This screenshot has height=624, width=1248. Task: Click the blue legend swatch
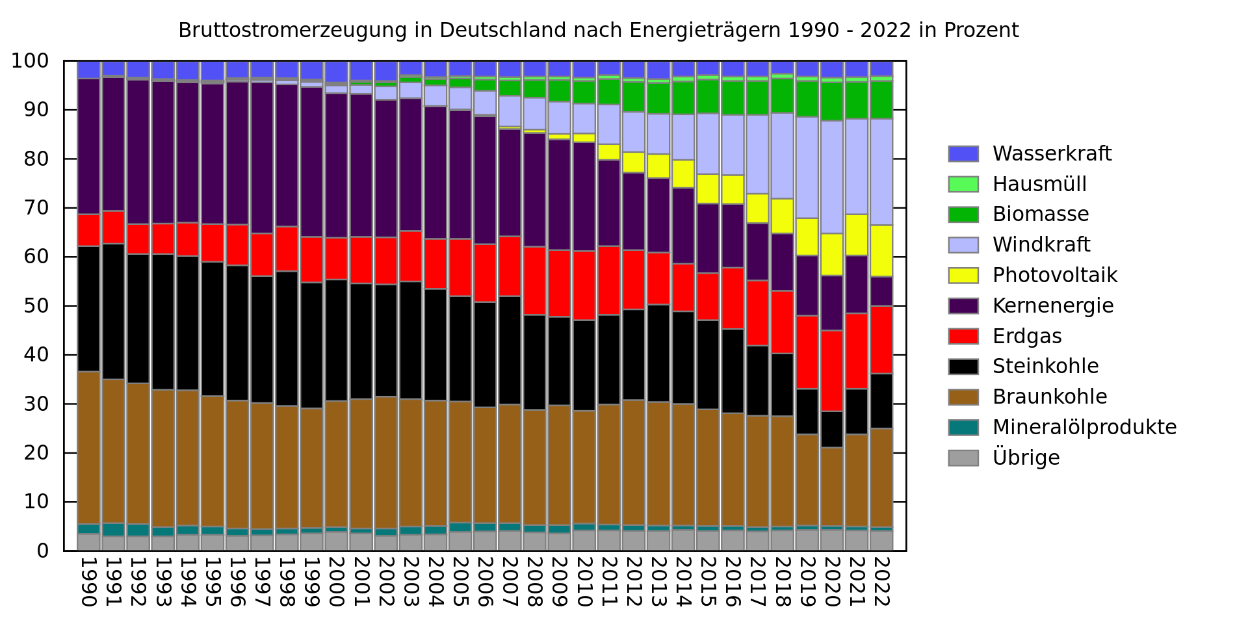pyautogui.click(x=963, y=154)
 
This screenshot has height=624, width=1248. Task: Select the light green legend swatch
pyautogui.click(x=963, y=185)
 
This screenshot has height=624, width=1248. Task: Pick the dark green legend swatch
pyautogui.click(x=963, y=215)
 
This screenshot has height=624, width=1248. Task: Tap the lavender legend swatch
pyautogui.click(x=963, y=245)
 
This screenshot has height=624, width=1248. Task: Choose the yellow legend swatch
pyautogui.click(x=963, y=276)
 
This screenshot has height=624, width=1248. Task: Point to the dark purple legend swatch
pyautogui.click(x=963, y=306)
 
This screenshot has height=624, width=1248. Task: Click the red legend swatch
pyautogui.click(x=963, y=337)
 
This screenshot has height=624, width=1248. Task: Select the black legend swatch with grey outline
pyautogui.click(x=963, y=367)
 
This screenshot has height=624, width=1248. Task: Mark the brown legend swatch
pyautogui.click(x=963, y=397)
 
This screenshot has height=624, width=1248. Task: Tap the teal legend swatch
pyautogui.click(x=963, y=428)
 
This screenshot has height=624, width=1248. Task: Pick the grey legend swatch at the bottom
pyautogui.click(x=963, y=458)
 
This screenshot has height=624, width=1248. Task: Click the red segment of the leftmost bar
pyautogui.click(x=88, y=230)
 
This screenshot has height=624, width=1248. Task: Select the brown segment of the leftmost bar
pyautogui.click(x=88, y=448)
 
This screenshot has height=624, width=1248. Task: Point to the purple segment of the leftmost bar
pyautogui.click(x=88, y=146)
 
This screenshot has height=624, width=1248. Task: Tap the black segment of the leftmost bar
pyautogui.click(x=88, y=309)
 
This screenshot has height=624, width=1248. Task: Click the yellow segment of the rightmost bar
pyautogui.click(x=881, y=251)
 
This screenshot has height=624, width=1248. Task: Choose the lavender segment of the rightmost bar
pyautogui.click(x=881, y=172)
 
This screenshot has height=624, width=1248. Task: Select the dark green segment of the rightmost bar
pyautogui.click(x=881, y=99)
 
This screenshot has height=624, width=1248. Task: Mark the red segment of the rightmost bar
pyautogui.click(x=881, y=340)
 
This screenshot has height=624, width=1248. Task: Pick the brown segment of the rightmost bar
pyautogui.click(x=881, y=478)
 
